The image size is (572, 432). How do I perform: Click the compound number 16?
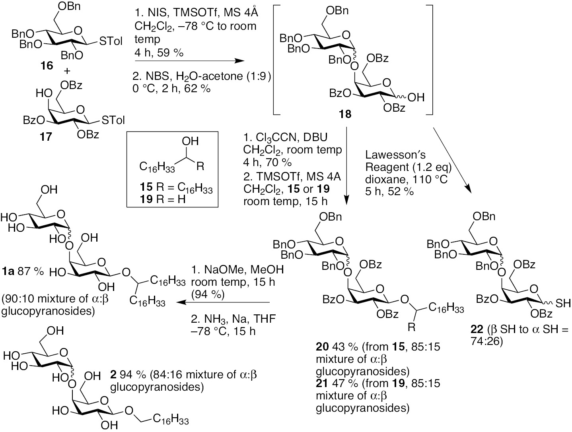point(47,65)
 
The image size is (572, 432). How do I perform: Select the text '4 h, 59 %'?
point(159,52)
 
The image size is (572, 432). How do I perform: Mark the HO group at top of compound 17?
point(43,94)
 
